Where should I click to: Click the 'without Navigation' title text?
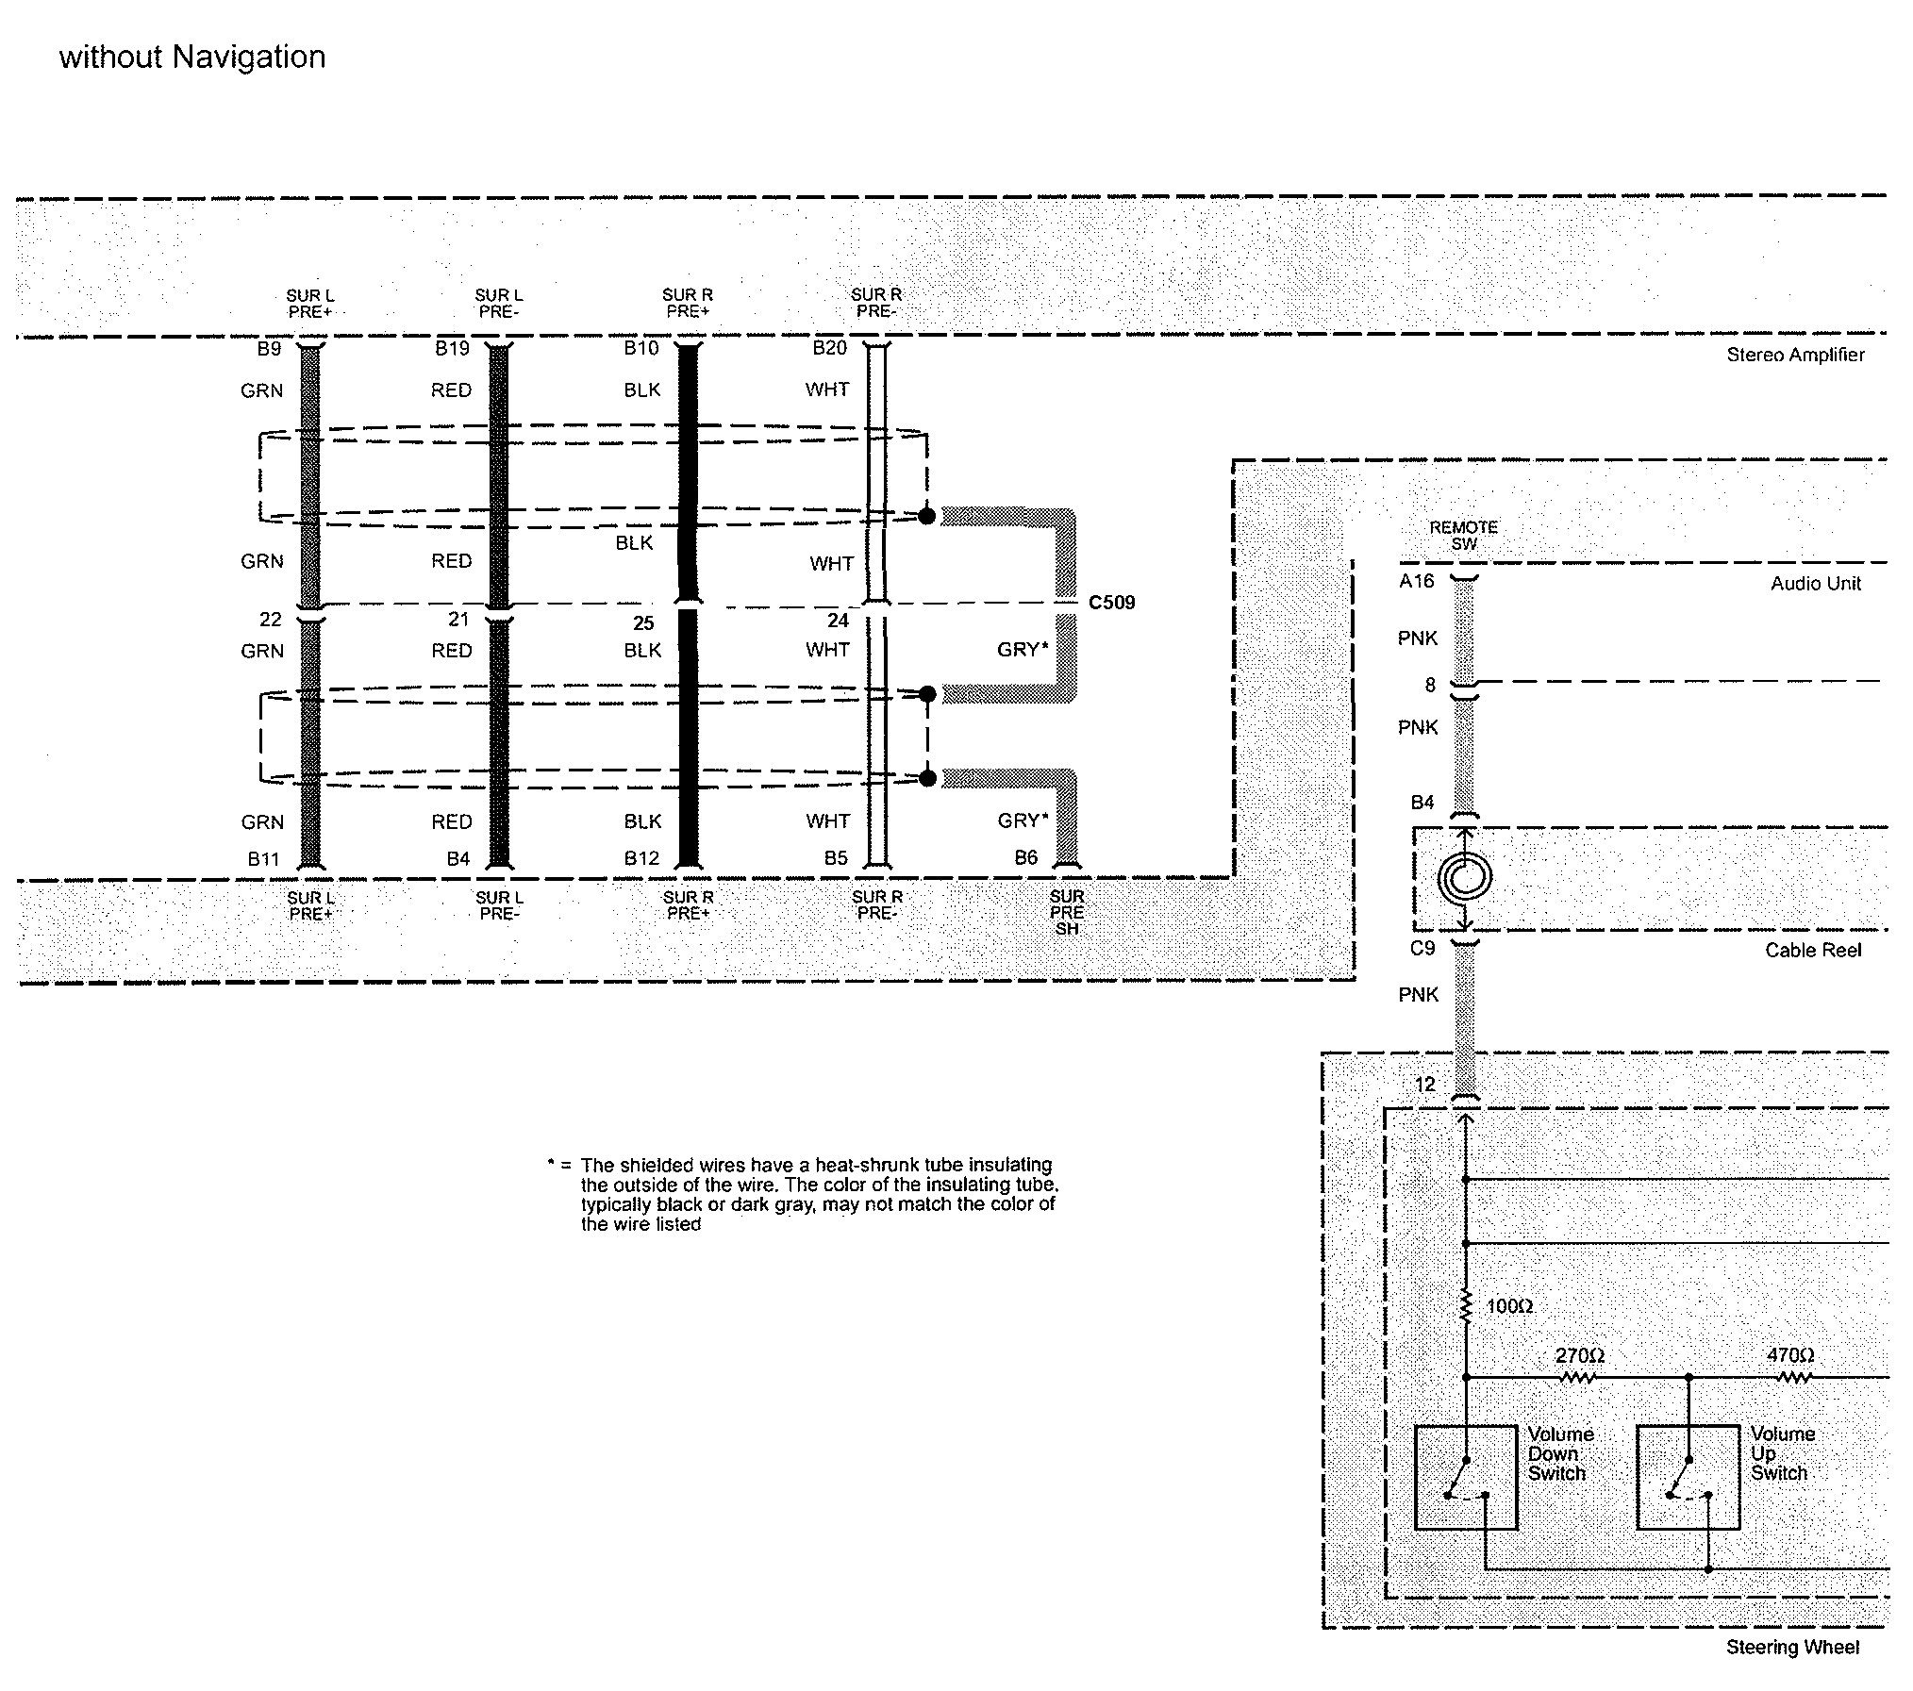point(192,58)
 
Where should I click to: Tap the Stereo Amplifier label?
point(1795,355)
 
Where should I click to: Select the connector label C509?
point(1111,603)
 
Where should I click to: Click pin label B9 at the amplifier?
point(269,349)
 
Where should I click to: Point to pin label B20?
point(830,348)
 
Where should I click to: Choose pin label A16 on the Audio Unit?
point(1416,581)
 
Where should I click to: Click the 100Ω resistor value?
point(1509,1306)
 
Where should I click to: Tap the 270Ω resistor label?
point(1580,1355)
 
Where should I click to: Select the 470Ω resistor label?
point(1790,1354)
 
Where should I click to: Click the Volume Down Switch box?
point(1466,1477)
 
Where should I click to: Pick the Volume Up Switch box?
point(1688,1477)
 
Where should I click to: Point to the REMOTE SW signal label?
point(1464,536)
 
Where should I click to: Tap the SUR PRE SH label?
point(1067,912)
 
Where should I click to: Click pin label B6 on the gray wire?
point(1025,857)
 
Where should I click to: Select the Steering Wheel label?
point(1792,1647)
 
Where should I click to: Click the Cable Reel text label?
point(1813,950)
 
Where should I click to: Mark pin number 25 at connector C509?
point(643,623)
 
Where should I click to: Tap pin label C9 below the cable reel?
point(1422,948)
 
